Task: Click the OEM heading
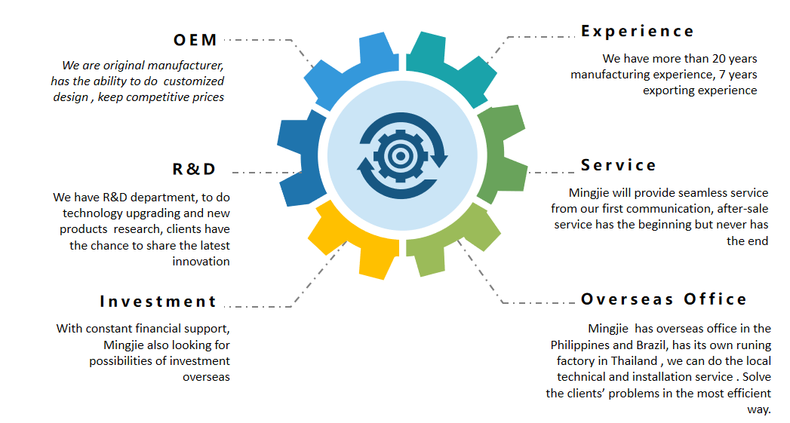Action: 195,40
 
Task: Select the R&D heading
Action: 194,169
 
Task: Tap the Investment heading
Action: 158,301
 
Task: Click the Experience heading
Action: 638,31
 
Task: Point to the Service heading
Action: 618,165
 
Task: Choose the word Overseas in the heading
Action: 627,299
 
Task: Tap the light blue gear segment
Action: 352,69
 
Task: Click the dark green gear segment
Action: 501,154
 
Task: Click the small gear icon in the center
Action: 401,155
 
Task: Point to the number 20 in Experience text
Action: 719,58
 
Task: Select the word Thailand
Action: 634,361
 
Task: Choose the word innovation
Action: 201,262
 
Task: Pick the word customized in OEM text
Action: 193,81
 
